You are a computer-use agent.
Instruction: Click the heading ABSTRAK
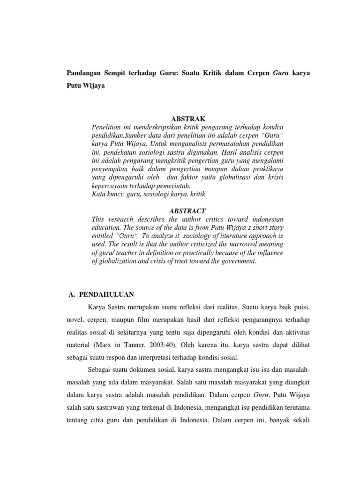[188, 119]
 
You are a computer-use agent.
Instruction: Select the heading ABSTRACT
[188, 211]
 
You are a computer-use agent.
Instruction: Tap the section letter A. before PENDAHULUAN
[72, 294]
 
